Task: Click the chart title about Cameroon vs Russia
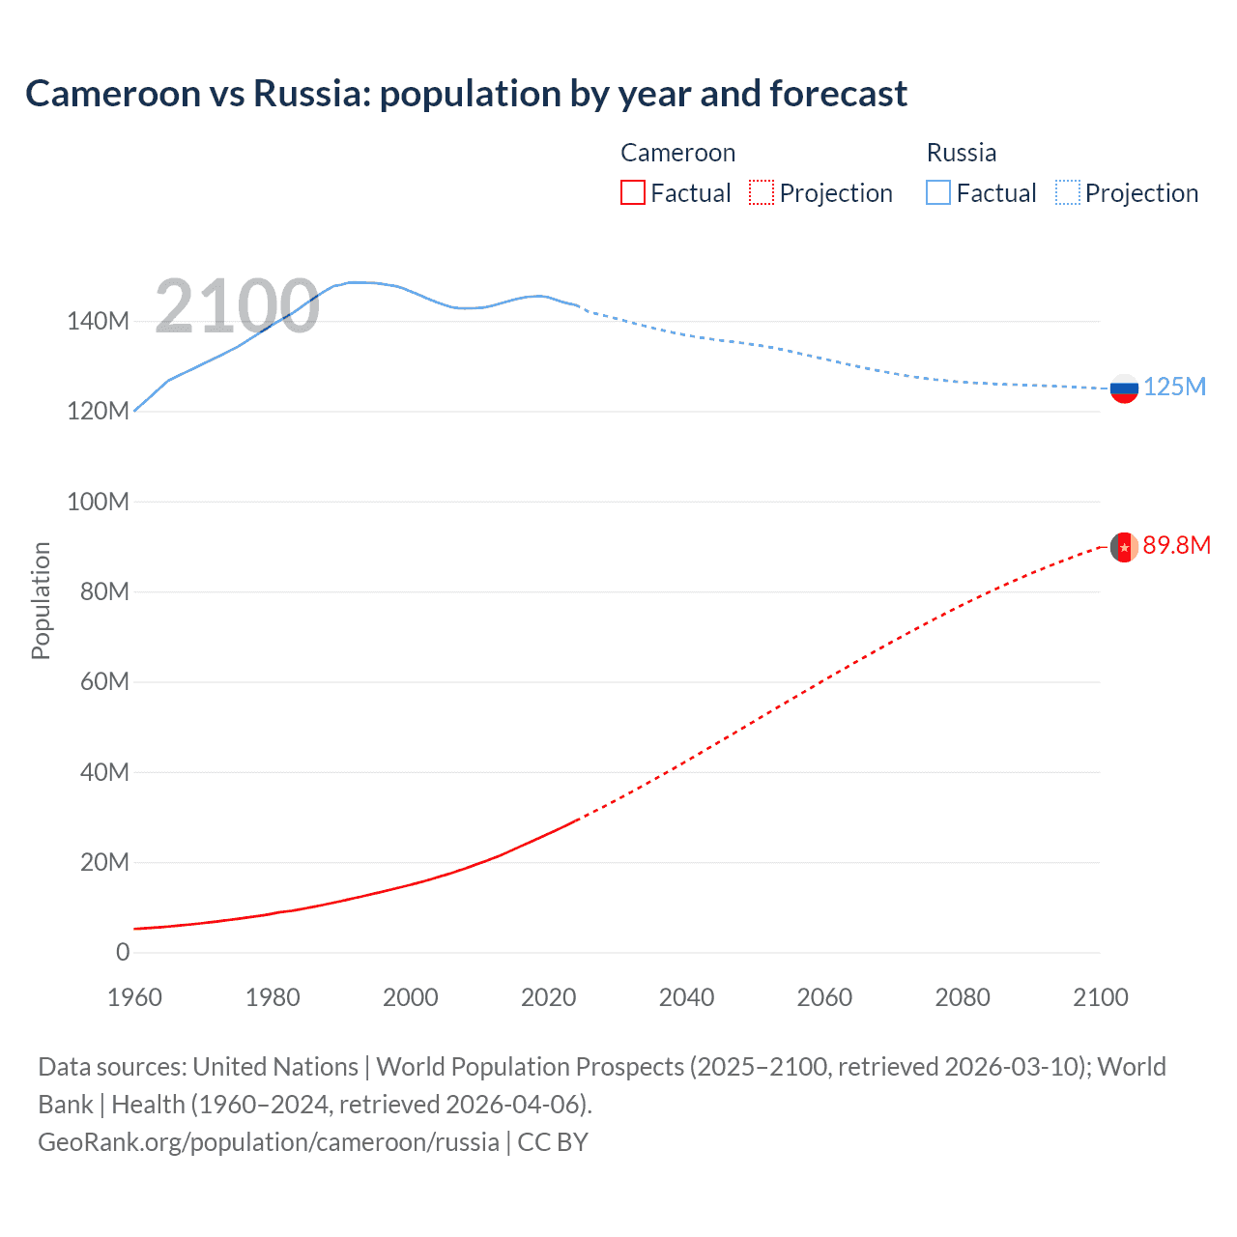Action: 466,94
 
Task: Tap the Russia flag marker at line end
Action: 1124,388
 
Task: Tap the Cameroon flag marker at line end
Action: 1123,547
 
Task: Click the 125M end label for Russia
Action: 1174,388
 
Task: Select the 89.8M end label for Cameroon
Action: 1176,546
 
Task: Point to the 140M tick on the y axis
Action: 98,322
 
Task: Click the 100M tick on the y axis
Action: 98,502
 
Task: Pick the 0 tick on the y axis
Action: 123,952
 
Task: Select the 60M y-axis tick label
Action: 103,682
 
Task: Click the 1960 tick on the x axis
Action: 134,997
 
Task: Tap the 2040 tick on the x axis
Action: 686,997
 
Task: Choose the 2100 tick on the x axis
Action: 1100,997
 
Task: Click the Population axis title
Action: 41,600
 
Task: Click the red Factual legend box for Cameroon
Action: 633,192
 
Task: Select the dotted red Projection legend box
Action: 762,192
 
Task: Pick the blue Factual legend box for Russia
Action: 938,192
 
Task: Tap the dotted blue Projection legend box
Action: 1067,192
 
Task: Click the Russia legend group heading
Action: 961,153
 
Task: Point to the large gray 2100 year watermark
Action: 237,306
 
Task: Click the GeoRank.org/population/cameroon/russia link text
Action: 269,1142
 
